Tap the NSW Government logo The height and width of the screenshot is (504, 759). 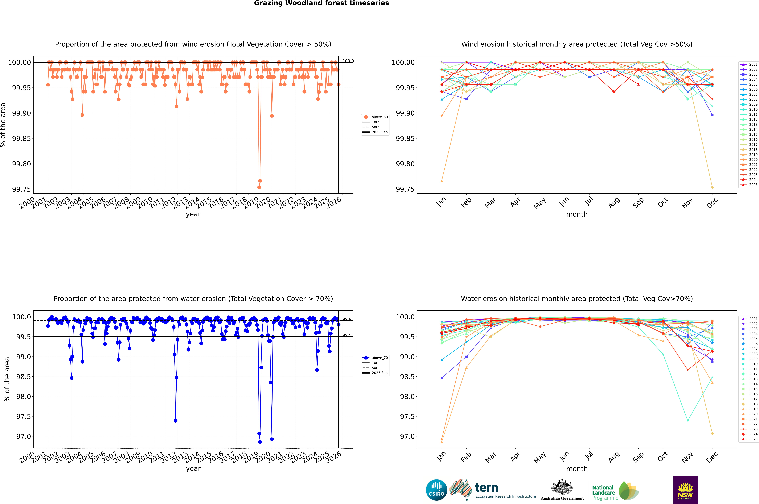click(x=685, y=490)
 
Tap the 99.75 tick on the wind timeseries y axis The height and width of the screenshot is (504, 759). click(x=22, y=189)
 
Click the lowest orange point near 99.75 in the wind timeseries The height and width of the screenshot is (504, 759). click(x=259, y=187)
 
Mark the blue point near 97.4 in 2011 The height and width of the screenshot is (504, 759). click(x=175, y=421)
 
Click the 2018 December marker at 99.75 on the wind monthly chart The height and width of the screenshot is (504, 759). click(x=712, y=187)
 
